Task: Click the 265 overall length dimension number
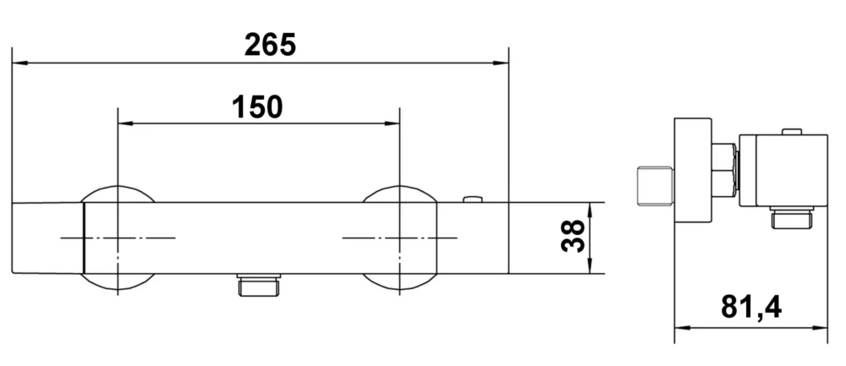click(x=270, y=44)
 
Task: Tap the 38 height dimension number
click(x=574, y=238)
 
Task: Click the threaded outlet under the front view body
click(x=259, y=285)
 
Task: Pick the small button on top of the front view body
click(x=473, y=200)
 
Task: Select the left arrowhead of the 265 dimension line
click(x=19, y=63)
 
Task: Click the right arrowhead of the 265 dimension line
click(x=502, y=63)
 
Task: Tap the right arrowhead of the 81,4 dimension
click(x=821, y=328)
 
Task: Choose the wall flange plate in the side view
click(x=692, y=170)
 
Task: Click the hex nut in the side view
click(x=722, y=170)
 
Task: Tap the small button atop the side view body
click(x=791, y=131)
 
